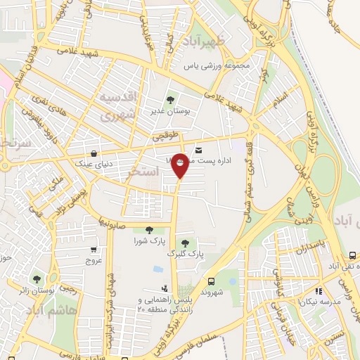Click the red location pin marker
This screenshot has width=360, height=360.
pos(180,165)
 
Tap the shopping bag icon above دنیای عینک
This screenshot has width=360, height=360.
pos(94,153)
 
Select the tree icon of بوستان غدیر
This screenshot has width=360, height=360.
pos(169,100)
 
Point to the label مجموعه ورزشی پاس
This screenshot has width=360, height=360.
pos(217,66)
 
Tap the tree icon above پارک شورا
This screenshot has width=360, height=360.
pos(148,230)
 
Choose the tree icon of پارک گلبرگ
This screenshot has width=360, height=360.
pos(185,243)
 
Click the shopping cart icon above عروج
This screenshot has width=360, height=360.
pos(94,249)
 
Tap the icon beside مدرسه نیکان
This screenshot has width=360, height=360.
pos(319,291)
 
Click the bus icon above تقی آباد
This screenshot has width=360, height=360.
pos(352,256)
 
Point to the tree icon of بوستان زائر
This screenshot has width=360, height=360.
pos(37,280)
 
